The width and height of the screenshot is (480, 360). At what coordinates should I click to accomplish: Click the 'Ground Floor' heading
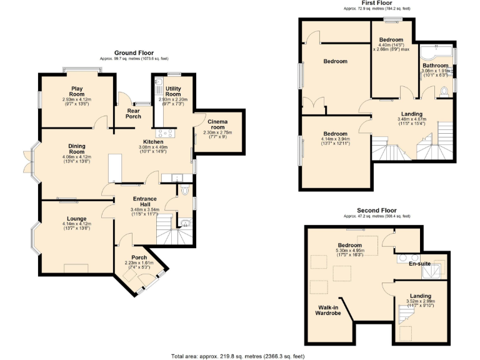(134, 53)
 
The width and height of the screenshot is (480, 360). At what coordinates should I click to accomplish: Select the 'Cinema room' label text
(217, 124)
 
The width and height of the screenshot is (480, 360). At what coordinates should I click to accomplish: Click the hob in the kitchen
(167, 132)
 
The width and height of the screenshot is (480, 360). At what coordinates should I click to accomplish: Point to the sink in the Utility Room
(159, 83)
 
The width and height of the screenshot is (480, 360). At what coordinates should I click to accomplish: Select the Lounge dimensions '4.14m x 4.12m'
(76, 224)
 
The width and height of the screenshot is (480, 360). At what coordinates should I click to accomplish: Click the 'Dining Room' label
(76, 148)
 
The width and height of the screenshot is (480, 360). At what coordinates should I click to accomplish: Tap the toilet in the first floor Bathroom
(444, 92)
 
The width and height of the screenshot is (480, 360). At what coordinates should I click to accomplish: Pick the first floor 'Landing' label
(411, 114)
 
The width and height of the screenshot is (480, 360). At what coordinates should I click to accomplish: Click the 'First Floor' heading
(376, 3)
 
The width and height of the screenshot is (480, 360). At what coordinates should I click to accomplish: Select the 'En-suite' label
(419, 264)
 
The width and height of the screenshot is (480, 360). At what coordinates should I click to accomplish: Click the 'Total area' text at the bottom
(238, 356)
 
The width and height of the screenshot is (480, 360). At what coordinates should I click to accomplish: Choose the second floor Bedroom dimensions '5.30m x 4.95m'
(350, 252)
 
